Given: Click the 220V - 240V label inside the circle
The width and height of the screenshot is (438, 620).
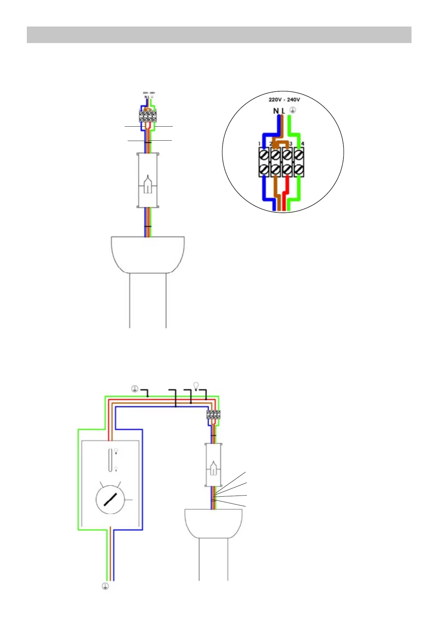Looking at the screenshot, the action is pos(284,99).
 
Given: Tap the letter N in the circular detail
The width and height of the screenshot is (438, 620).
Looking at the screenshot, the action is pos(276,110).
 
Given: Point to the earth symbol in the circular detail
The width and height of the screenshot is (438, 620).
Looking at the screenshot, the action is pos(293,110).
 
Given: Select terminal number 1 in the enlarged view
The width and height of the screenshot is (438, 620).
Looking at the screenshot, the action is pos(260,144).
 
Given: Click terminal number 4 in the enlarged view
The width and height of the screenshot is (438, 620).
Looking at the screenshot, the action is pos(302,144).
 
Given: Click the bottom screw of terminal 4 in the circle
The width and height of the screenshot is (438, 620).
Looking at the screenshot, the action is pos(299,170).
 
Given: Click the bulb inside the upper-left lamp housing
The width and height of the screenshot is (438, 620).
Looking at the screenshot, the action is pos(147,184).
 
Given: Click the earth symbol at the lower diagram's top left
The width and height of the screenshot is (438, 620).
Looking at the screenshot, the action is pos(135,388).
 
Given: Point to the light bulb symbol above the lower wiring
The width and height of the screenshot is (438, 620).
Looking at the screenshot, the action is pos(196,385).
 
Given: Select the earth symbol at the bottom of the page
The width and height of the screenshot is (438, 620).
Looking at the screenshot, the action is pos(105,586).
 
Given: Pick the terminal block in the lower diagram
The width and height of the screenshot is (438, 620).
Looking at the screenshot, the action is pos(213,415).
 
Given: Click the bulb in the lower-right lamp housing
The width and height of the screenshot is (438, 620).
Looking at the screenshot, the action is pos(213,469).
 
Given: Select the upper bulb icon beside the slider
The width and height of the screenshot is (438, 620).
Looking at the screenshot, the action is pos(116,451).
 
